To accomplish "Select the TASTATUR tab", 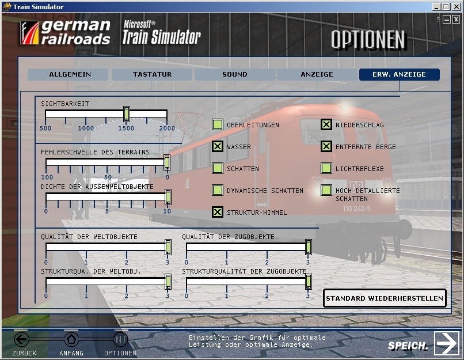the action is point(152,74).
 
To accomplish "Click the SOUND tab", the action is point(235,74).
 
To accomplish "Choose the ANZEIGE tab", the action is point(317,74).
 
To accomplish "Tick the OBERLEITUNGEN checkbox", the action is point(218,124).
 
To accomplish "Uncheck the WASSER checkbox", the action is point(218,146).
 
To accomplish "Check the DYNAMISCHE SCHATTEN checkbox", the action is point(218,190).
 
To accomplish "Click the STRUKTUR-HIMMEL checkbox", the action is point(218,212).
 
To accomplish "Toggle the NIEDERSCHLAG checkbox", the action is point(326,124).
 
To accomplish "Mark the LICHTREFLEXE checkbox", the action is point(326,168).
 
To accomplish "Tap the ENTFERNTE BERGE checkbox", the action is point(326,146).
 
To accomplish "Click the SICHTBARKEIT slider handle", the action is point(127,114).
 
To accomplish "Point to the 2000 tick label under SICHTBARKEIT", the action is point(167,128).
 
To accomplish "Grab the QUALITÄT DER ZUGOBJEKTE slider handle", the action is point(309,247).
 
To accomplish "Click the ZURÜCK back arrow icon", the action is point(22,339).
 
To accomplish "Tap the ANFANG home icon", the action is point(71,339).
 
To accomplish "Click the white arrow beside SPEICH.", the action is point(447,343).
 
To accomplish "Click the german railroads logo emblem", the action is point(29,33).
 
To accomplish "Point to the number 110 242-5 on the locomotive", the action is point(356,209).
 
